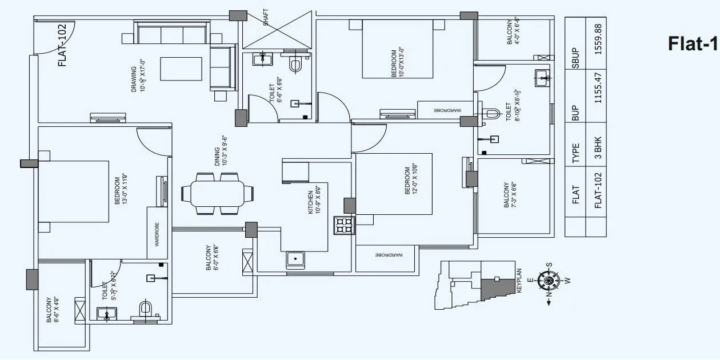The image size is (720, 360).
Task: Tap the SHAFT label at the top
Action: (x=266, y=17)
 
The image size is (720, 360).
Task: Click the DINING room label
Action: (x=221, y=150)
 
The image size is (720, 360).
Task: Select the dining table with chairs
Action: (x=217, y=193)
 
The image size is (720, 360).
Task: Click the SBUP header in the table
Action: (x=576, y=59)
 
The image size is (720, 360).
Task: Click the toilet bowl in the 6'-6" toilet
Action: (x=295, y=64)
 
